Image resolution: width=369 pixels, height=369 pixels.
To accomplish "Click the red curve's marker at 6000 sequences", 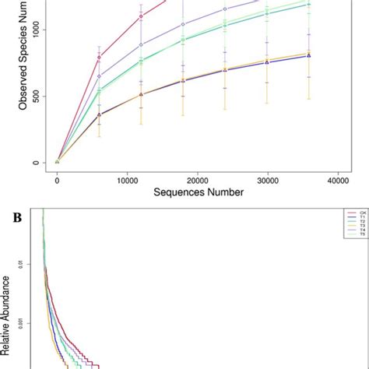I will (99, 57).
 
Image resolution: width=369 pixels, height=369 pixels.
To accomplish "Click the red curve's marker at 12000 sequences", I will (141, 16).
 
